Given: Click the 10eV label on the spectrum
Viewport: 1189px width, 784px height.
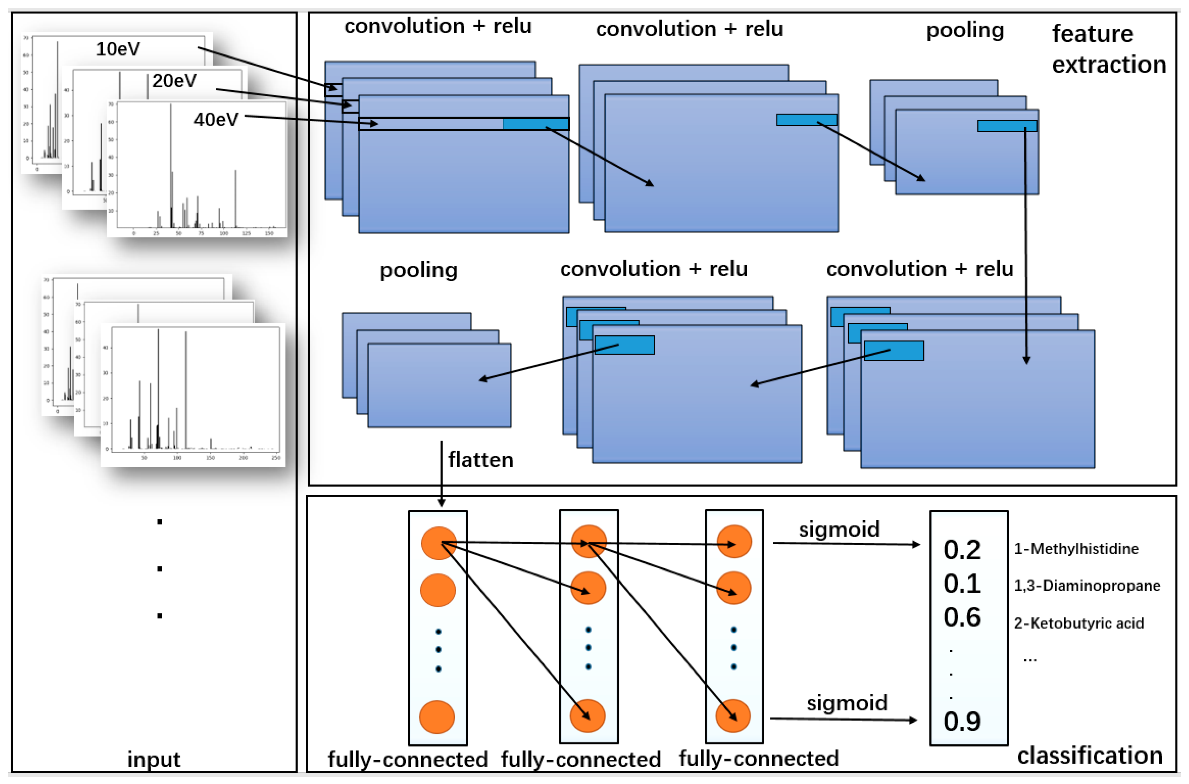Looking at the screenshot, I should click(118, 49).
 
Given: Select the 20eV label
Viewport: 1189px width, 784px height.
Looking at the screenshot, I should click(174, 81).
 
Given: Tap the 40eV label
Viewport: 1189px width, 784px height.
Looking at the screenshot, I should click(216, 119).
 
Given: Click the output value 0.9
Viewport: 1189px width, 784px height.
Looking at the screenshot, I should click(962, 721).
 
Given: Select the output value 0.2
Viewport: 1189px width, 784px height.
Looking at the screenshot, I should click(962, 549).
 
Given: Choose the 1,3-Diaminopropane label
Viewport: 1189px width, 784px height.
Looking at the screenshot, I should click(1087, 586).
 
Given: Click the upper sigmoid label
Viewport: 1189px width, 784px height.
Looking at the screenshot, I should click(839, 529).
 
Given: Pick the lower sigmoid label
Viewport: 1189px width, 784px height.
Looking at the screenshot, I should click(847, 702).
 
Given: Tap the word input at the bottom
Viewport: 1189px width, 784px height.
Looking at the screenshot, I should click(154, 759).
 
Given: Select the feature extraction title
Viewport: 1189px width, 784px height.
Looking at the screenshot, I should click(1108, 49).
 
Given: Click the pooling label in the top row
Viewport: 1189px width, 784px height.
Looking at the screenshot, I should click(964, 30).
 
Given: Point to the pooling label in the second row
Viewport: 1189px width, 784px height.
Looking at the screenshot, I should click(418, 270).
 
